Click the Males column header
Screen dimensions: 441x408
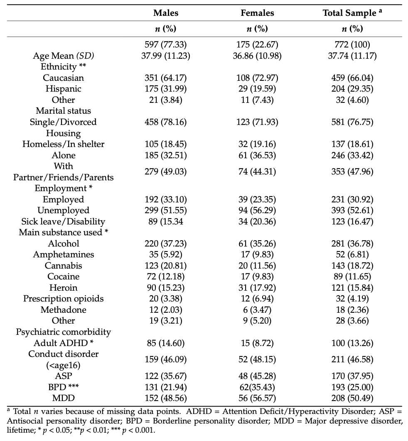(166, 13)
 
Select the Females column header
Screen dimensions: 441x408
(257, 13)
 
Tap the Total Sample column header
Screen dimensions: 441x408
(352, 13)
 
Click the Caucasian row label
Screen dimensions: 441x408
(63, 78)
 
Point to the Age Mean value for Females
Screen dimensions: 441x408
(257, 56)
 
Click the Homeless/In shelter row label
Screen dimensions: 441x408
(63, 144)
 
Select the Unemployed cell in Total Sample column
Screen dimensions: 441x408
(352, 210)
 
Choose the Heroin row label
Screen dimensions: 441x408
(63, 288)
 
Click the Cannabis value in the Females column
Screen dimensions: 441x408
(257, 266)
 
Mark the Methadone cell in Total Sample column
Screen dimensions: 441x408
(352, 310)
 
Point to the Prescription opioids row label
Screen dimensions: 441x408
(63, 299)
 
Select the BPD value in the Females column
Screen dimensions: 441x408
(257, 387)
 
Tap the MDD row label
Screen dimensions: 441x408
(63, 399)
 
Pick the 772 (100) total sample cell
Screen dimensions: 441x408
(352, 45)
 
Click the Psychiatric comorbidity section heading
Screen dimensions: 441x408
(63, 332)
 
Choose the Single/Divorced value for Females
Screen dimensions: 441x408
(257, 122)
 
